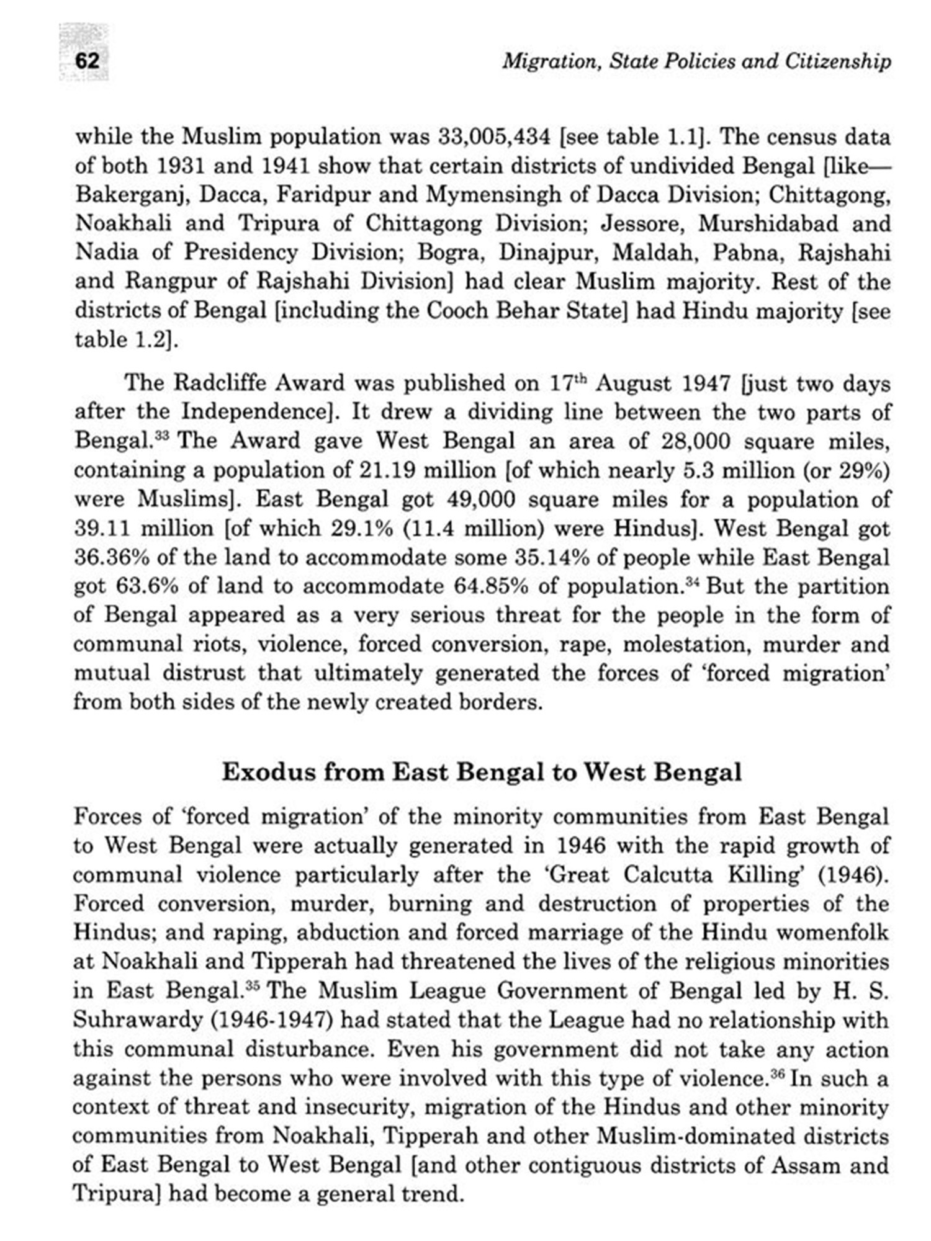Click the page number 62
pos(87,61)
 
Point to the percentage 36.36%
pos(111,557)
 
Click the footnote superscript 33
pos(161,435)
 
